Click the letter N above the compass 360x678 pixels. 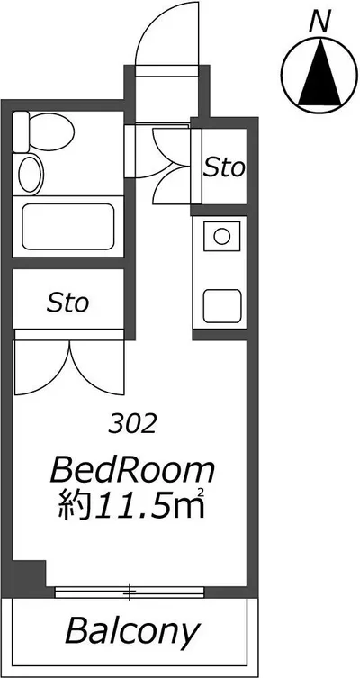pos(320,23)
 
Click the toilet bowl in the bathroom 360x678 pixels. pos(52,131)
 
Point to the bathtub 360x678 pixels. pos(67,227)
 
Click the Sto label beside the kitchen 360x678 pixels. pos(224,167)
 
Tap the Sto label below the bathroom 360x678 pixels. pos(67,303)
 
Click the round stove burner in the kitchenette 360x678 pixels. pos(221,237)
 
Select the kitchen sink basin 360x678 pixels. pos(222,306)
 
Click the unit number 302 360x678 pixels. pos(132,425)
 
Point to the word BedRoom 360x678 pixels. pos(132,471)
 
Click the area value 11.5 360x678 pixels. pos(130,505)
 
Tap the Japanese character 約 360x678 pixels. pos(75,505)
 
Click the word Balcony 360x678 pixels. pos(133,632)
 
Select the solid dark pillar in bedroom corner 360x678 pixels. pos(29,574)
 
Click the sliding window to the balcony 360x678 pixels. pos(130,592)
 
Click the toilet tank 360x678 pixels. pos(21,131)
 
